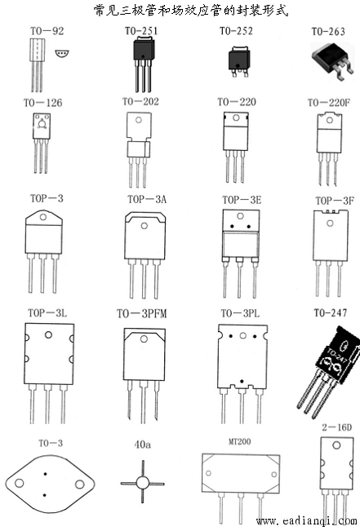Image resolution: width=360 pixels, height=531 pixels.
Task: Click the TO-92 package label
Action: click(x=47, y=31)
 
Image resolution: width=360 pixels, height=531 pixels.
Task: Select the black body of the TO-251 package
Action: click(x=144, y=50)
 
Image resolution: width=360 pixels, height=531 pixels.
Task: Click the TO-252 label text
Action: click(x=236, y=31)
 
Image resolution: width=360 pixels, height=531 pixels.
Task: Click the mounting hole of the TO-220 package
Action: click(x=236, y=118)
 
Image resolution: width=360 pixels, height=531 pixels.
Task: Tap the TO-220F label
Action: click(x=328, y=103)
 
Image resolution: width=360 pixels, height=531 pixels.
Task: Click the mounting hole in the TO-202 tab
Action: click(x=138, y=120)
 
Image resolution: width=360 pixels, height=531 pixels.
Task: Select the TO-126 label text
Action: click(x=42, y=103)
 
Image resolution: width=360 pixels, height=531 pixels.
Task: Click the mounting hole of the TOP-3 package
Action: click(x=42, y=216)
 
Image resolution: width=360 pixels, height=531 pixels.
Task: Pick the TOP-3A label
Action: click(x=147, y=199)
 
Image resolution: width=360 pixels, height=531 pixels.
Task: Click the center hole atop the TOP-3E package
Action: click(x=240, y=215)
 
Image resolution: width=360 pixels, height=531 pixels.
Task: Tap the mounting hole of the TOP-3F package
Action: click(x=330, y=223)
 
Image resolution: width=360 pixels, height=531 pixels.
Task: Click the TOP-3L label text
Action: click(x=47, y=313)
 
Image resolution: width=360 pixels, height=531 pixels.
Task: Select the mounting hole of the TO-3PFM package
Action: click(x=144, y=339)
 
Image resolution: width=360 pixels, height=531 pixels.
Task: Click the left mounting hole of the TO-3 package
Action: click(x=20, y=483)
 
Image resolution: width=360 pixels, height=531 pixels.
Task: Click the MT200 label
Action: click(x=239, y=441)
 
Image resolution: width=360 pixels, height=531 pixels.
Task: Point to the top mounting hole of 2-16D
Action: click(x=336, y=445)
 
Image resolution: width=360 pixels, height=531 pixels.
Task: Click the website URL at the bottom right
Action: click(x=307, y=521)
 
